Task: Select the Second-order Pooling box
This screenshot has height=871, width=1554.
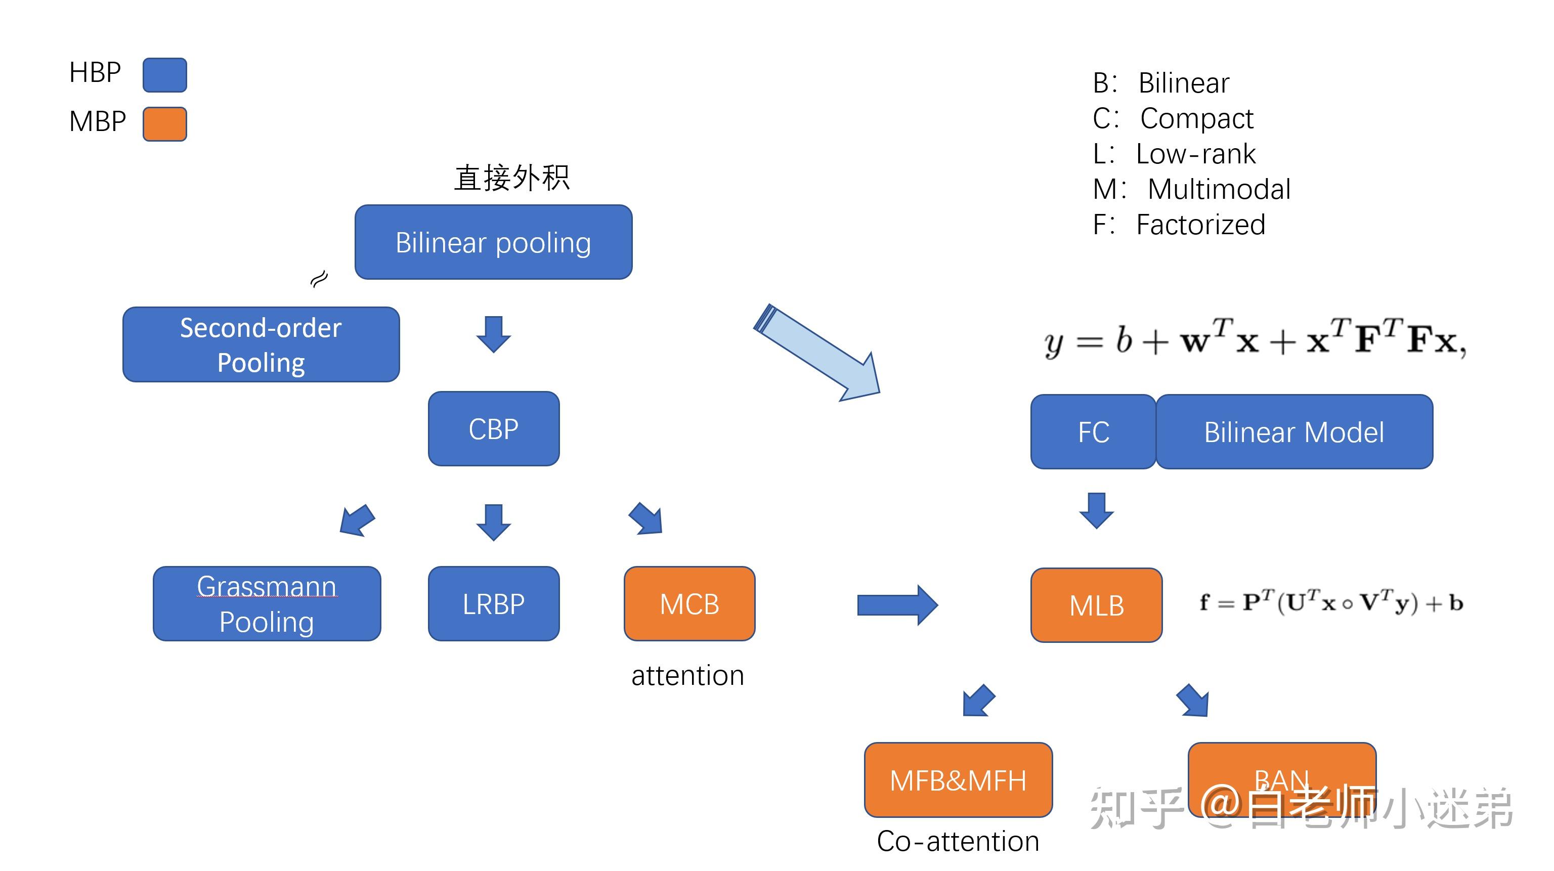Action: pyautogui.click(x=261, y=344)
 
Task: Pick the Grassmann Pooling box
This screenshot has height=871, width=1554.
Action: pyautogui.click(x=267, y=603)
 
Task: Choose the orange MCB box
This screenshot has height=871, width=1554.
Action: pyautogui.click(x=689, y=603)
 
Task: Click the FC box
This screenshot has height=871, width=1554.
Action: pyautogui.click(x=1093, y=432)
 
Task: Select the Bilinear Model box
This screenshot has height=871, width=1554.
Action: pyautogui.click(x=1293, y=432)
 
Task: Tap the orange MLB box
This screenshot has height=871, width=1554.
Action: pyautogui.click(x=1096, y=605)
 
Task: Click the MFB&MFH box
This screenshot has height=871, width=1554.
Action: pyautogui.click(x=958, y=780)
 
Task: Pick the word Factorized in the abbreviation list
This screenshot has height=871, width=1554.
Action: pyautogui.click(x=1200, y=225)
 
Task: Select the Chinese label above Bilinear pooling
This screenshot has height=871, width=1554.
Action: pyautogui.click(x=511, y=178)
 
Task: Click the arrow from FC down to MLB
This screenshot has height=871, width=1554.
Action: pyautogui.click(x=1096, y=510)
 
